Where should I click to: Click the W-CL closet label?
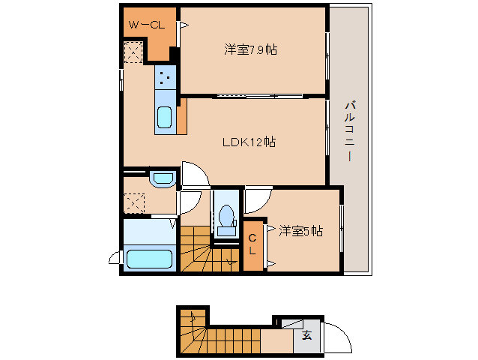147,25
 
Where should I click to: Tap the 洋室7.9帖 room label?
250,49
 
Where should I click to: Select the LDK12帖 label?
249,142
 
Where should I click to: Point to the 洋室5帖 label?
300,231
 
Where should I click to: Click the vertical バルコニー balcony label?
349,131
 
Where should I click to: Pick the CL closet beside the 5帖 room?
252,245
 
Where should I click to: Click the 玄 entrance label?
307,335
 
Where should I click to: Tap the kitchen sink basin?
164,118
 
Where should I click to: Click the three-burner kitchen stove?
166,77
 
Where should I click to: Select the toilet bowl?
226,216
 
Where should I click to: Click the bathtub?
149,259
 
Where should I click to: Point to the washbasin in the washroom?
163,179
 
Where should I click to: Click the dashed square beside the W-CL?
133,52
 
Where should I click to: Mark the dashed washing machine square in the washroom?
134,203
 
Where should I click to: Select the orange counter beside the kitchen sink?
182,116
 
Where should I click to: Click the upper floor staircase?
210,249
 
